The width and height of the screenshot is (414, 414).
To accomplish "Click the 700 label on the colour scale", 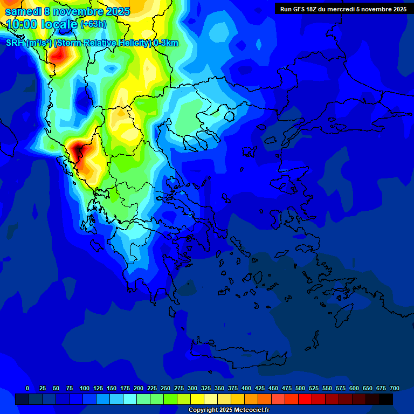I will coord(395,388).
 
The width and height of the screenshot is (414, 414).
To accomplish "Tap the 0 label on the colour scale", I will coord(27,388).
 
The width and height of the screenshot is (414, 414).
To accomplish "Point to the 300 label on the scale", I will coord(192,388).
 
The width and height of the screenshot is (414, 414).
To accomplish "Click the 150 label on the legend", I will coord(112,388).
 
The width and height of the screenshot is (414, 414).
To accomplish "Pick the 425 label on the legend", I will coord(260,388).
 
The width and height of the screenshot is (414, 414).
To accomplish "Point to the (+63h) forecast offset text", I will coord(93,24).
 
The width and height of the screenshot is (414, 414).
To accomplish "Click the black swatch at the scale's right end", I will coord(386,399).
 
